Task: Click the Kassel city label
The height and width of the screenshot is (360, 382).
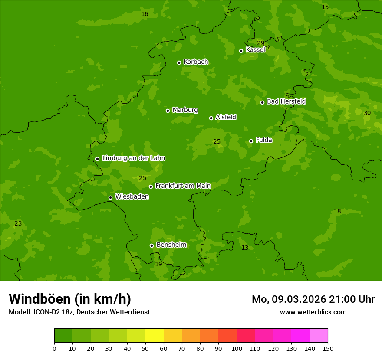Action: click(x=255, y=50)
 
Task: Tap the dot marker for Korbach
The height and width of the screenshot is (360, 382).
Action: click(x=179, y=62)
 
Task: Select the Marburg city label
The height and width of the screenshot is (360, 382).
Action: click(x=185, y=110)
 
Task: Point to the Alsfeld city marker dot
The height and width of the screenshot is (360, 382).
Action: click(x=211, y=118)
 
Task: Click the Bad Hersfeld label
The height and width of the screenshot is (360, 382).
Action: click(x=286, y=101)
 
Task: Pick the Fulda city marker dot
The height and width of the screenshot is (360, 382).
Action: click(x=251, y=141)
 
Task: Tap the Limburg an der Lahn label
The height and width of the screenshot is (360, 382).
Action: click(x=133, y=158)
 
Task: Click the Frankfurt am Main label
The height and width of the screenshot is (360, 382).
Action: click(x=183, y=186)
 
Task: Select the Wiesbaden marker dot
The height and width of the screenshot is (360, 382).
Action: click(x=110, y=197)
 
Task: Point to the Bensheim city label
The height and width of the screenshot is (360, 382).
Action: click(x=171, y=245)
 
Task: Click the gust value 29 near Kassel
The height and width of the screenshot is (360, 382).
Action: click(x=260, y=43)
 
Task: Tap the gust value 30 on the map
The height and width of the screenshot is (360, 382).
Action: click(x=367, y=113)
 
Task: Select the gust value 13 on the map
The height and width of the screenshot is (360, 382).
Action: click(x=245, y=248)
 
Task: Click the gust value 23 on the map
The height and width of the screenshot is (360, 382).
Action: click(x=18, y=224)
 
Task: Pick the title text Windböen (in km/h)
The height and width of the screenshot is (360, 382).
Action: click(x=70, y=299)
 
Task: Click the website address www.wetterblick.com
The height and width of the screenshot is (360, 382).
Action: click(x=313, y=312)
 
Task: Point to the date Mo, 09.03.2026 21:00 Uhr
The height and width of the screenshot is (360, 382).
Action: click(x=313, y=299)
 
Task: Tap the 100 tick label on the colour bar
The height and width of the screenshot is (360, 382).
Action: click(x=237, y=348)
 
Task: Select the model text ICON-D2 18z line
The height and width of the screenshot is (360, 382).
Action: click(x=79, y=312)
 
